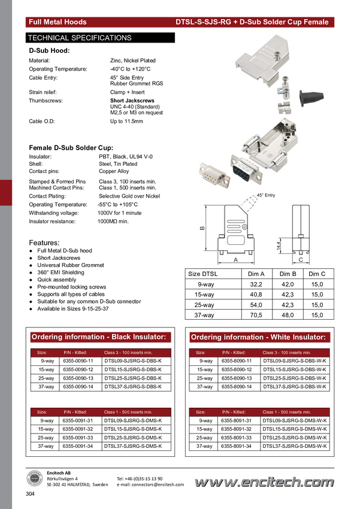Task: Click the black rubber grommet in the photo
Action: coord(311,97)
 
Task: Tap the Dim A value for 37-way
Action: coord(256,315)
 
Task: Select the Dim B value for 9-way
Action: coord(288,284)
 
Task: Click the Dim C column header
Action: coord(317,274)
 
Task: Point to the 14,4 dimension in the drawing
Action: coord(279,246)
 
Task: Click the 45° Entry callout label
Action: coord(266,195)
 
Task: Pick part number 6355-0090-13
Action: coord(78,378)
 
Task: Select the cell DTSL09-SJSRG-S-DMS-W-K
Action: coord(295,420)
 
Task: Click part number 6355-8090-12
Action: coord(237,369)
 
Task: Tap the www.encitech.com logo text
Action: coord(264,482)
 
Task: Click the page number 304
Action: coord(30,494)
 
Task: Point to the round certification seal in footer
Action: coord(34,478)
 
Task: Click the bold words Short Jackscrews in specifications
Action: coord(132,101)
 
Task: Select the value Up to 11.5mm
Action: coord(126,121)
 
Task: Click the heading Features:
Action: coord(44,243)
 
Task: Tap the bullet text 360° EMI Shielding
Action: coord(60,272)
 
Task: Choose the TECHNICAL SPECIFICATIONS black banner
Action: coord(100,38)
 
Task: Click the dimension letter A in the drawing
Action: coord(235,260)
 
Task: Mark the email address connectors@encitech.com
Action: coord(150,484)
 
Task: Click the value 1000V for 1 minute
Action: coord(119,213)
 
